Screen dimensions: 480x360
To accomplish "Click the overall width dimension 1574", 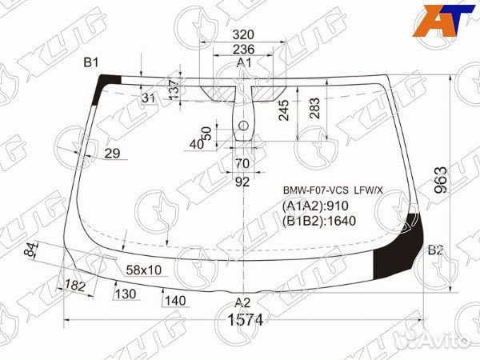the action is point(246,320).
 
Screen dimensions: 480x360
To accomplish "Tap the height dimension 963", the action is point(441,180).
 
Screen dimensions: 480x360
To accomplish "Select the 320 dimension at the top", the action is point(243,34).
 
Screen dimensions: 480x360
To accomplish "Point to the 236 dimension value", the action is point(243,50).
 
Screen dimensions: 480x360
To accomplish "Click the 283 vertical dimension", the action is point(314,108).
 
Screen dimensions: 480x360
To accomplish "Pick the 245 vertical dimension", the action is point(284,110).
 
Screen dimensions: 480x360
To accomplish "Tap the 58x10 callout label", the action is point(143,270).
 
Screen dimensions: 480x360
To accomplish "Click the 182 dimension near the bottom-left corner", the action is point(75,286).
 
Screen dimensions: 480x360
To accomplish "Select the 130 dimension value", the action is point(126,294).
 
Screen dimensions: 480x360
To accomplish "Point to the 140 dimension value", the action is point(175,301).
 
